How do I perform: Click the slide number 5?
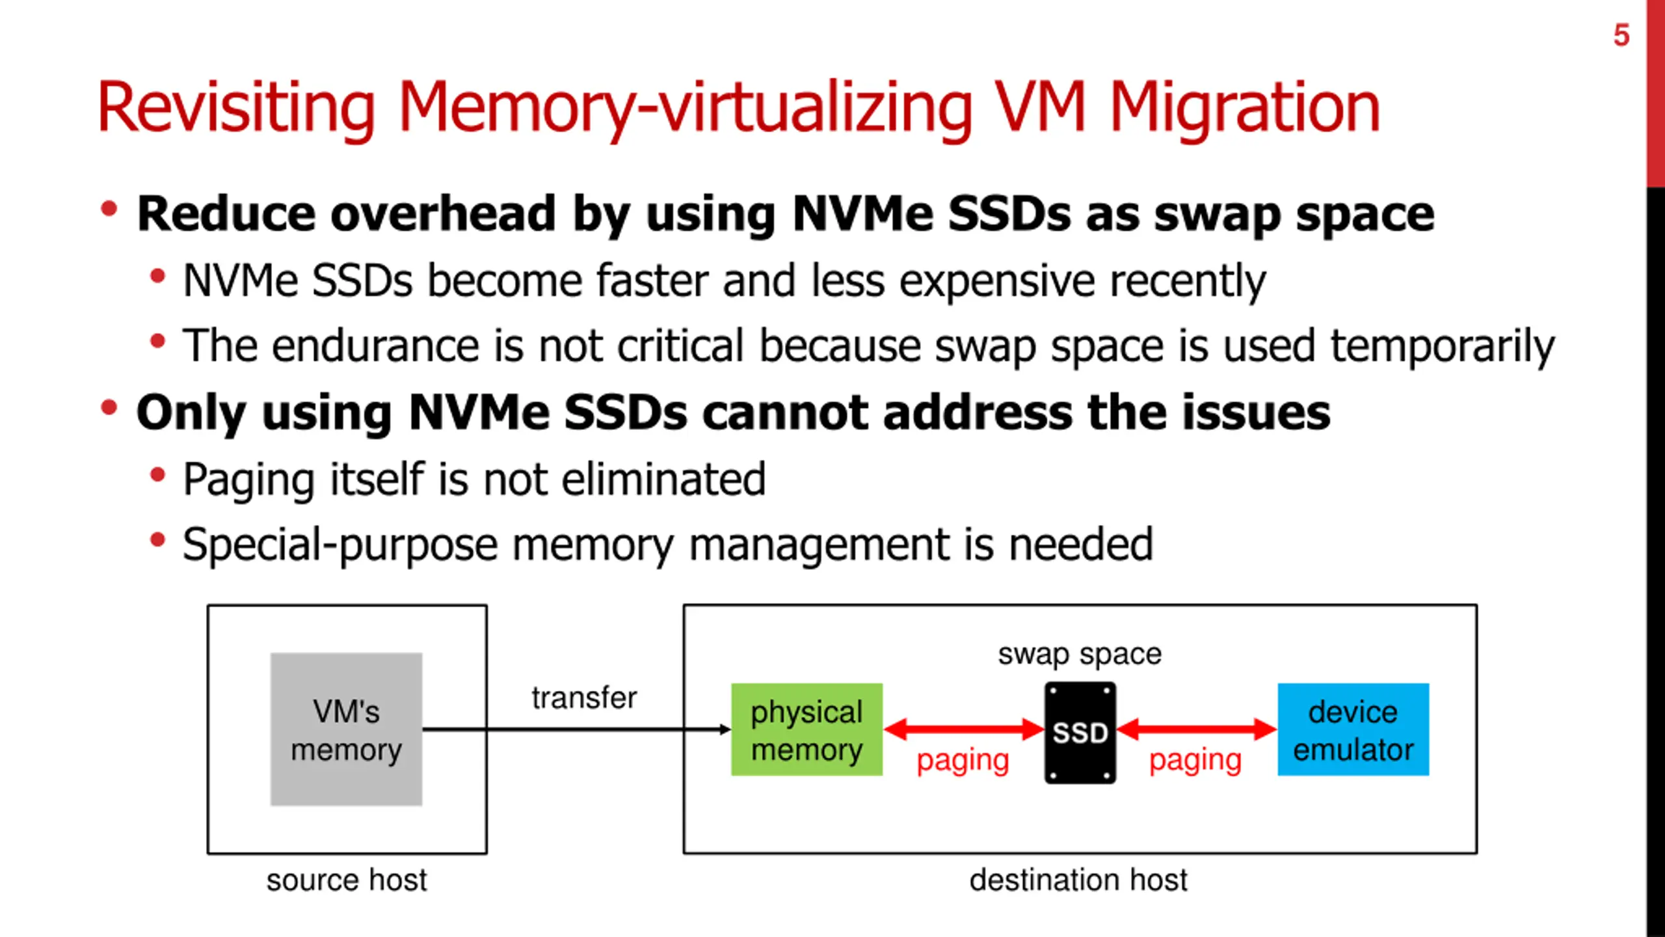tap(1621, 35)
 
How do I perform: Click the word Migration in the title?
tap(1244, 107)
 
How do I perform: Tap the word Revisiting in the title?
tap(236, 107)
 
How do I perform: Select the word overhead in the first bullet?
tap(443, 214)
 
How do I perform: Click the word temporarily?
tap(1442, 346)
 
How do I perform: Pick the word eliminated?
tap(663, 480)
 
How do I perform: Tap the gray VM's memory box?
tap(346, 729)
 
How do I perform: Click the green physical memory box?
tap(806, 729)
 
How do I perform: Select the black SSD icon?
tap(1080, 732)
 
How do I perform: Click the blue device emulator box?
tap(1353, 729)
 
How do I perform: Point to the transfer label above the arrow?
tap(584, 698)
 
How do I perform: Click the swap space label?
tap(1080, 654)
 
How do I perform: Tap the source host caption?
tap(347, 880)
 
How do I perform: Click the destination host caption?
tap(1078, 880)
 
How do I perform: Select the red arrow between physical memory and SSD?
tap(963, 729)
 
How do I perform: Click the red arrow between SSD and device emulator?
tap(1197, 729)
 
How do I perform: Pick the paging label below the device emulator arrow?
tap(1195, 759)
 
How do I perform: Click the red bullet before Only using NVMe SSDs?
tap(109, 408)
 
